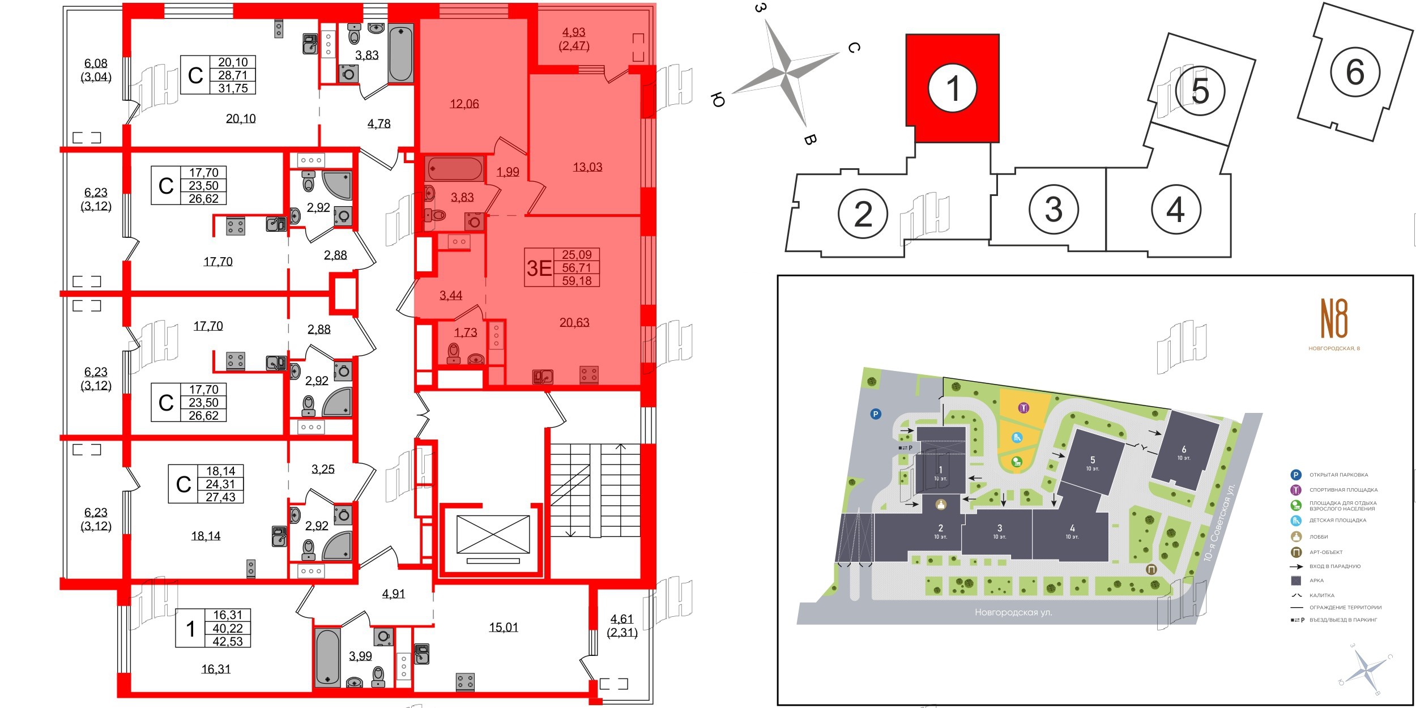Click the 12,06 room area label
point(464,104)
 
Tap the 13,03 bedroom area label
point(587,167)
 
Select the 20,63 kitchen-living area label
point(574,322)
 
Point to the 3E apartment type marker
point(539,268)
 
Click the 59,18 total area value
point(577,280)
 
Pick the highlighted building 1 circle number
point(953,88)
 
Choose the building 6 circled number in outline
point(1355,72)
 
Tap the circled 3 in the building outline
point(1053,210)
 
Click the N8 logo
point(1334,319)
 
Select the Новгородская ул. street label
point(1013,612)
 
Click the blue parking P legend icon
point(1295,475)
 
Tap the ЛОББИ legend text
point(1319,536)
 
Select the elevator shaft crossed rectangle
point(493,534)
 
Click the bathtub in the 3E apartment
point(455,169)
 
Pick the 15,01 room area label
point(504,628)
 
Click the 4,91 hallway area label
point(394,594)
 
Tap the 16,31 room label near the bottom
point(216,669)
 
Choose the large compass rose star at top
point(786,72)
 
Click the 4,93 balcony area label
point(574,32)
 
